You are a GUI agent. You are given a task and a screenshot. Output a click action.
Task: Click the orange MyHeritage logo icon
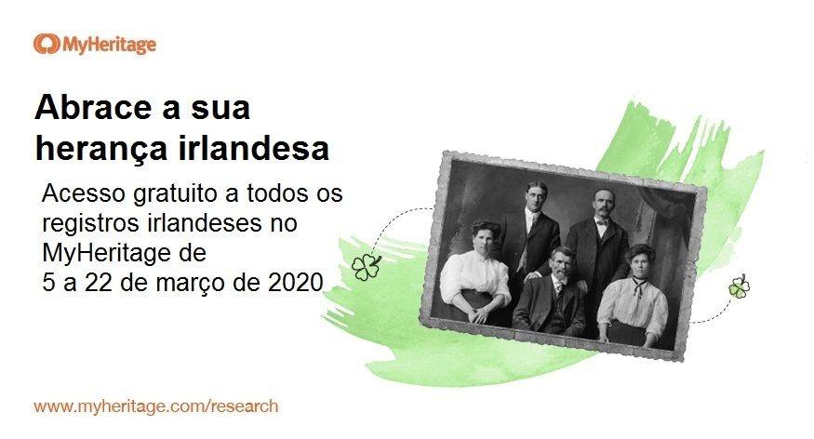(46, 44)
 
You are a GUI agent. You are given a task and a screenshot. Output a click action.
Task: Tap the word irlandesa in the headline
(254, 149)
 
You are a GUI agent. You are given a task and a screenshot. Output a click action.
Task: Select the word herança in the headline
(101, 149)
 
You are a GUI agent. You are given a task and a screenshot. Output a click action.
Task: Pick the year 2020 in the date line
(296, 283)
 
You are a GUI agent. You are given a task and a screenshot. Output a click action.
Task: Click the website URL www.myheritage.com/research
(155, 406)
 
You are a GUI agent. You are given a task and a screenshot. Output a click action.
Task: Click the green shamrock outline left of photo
(366, 267)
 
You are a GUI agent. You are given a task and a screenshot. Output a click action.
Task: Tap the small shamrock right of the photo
(740, 286)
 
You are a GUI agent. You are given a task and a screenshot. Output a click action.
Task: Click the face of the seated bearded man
(563, 263)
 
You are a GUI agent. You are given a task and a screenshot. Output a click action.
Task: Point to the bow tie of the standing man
(602, 221)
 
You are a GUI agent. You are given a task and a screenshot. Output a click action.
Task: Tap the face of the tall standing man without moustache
(535, 198)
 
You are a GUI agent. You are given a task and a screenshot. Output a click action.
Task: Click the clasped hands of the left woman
(478, 314)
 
